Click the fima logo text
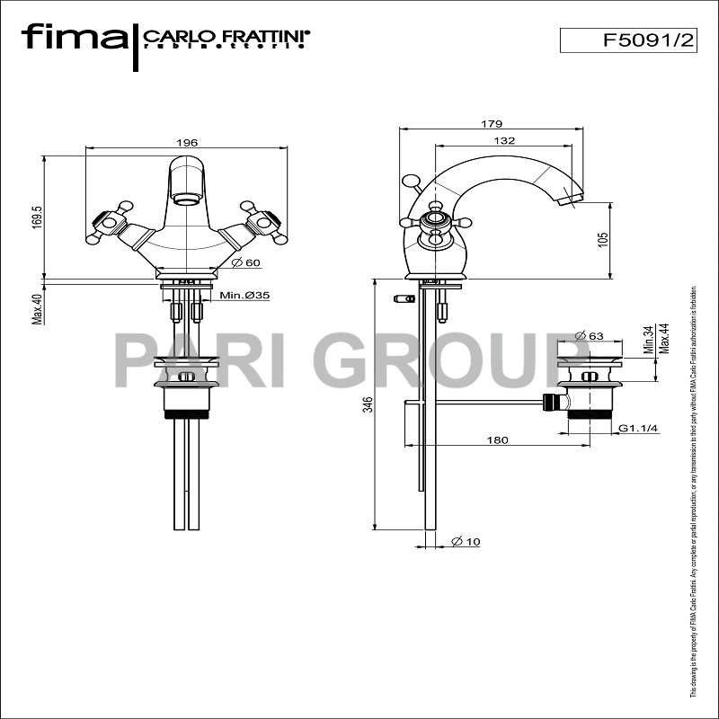75,38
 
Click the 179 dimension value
491,124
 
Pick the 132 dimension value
504,140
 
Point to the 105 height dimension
603,239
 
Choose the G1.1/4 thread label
639,429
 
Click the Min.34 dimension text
648,342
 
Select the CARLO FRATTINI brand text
226,37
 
